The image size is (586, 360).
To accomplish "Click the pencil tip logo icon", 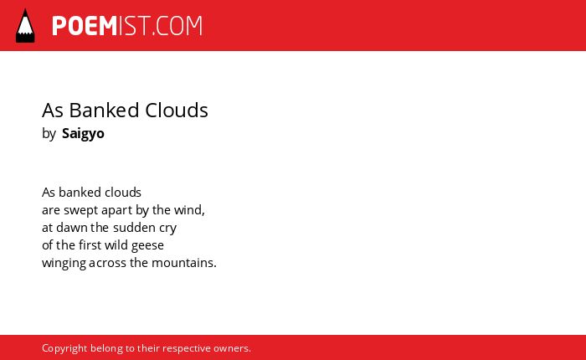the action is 25,26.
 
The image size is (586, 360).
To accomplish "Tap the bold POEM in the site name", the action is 85,26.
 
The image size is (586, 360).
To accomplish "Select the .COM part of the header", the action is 177,26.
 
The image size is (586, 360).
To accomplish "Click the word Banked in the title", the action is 105,111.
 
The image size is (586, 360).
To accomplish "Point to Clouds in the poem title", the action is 177,111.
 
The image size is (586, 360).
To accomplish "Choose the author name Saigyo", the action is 83,134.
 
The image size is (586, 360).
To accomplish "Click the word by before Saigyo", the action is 49,134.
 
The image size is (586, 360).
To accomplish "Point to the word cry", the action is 167,229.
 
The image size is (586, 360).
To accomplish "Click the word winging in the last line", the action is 64,263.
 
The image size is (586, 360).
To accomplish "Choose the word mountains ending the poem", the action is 182,263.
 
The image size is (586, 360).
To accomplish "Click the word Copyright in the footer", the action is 64,348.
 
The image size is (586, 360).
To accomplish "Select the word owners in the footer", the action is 230,349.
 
